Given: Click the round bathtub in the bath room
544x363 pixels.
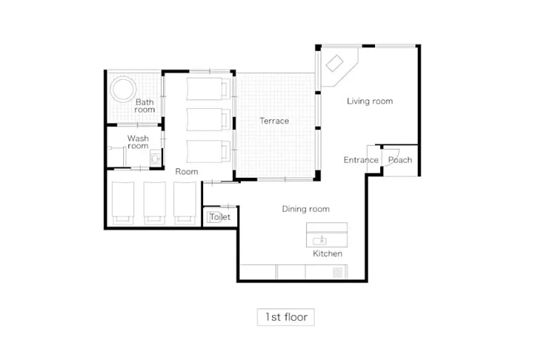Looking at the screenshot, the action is coord(123,89).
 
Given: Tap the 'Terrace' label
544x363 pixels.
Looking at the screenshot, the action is coord(274,121).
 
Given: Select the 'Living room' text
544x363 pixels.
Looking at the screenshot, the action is coord(370,101).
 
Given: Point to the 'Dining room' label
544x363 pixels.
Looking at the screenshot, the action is coord(305,209).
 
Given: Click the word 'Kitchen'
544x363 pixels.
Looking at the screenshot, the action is coord(328,253).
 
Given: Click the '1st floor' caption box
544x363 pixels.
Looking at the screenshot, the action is coord(286,317).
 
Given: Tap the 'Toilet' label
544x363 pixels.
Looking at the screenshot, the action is coord(220,217).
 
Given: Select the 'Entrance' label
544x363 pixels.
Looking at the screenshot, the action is coord(360,160).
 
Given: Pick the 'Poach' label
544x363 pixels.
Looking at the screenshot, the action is coord(400,160).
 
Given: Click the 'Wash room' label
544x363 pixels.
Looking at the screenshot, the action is coord(138,142).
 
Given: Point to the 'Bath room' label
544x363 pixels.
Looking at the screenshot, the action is coord(144,105).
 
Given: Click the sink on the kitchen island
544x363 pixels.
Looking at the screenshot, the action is coord(320,240).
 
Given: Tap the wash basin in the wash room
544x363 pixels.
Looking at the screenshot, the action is coord(155,159).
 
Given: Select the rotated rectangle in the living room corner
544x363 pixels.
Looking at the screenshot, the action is coord(334,64).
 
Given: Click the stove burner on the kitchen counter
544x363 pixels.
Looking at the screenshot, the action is coord(337,273).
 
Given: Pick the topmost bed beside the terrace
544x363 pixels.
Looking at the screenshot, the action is coord(208,89).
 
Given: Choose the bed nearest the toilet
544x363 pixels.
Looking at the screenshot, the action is coord(185,203).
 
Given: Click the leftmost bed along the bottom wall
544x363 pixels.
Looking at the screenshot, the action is coord(123,203).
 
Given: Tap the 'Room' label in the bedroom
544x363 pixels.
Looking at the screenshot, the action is coord(186,171).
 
